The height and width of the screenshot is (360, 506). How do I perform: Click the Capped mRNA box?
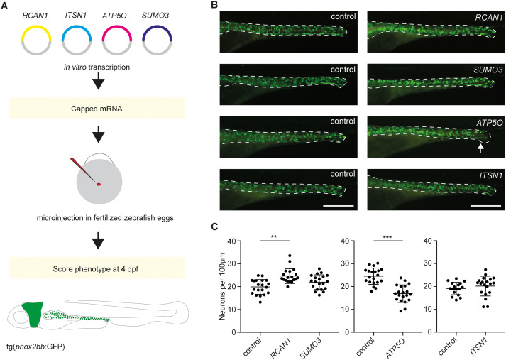pyautogui.click(x=97, y=108)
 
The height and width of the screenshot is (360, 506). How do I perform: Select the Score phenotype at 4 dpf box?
pyautogui.click(x=97, y=268)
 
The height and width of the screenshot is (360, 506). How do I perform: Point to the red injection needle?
pyautogui.click(x=82, y=170)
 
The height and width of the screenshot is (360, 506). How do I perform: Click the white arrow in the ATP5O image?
pyautogui.click(x=480, y=148)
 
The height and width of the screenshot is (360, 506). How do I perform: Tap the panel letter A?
pyautogui.click(x=4, y=6)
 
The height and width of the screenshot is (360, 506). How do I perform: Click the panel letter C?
pyautogui.click(x=214, y=227)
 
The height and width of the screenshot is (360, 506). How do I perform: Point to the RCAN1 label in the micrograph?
pyautogui.click(x=489, y=18)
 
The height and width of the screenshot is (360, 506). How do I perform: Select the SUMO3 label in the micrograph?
pyautogui.click(x=488, y=70)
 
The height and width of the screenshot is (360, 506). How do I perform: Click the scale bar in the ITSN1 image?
pyautogui.click(x=485, y=205)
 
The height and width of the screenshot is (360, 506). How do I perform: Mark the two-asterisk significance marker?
pyautogui.click(x=275, y=237)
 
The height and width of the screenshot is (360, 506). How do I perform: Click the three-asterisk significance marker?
pyautogui.click(x=387, y=237)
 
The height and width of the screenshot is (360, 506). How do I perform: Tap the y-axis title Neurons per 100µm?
pyautogui.click(x=222, y=286)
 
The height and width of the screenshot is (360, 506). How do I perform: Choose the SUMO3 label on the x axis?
pyautogui.click(x=310, y=348)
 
